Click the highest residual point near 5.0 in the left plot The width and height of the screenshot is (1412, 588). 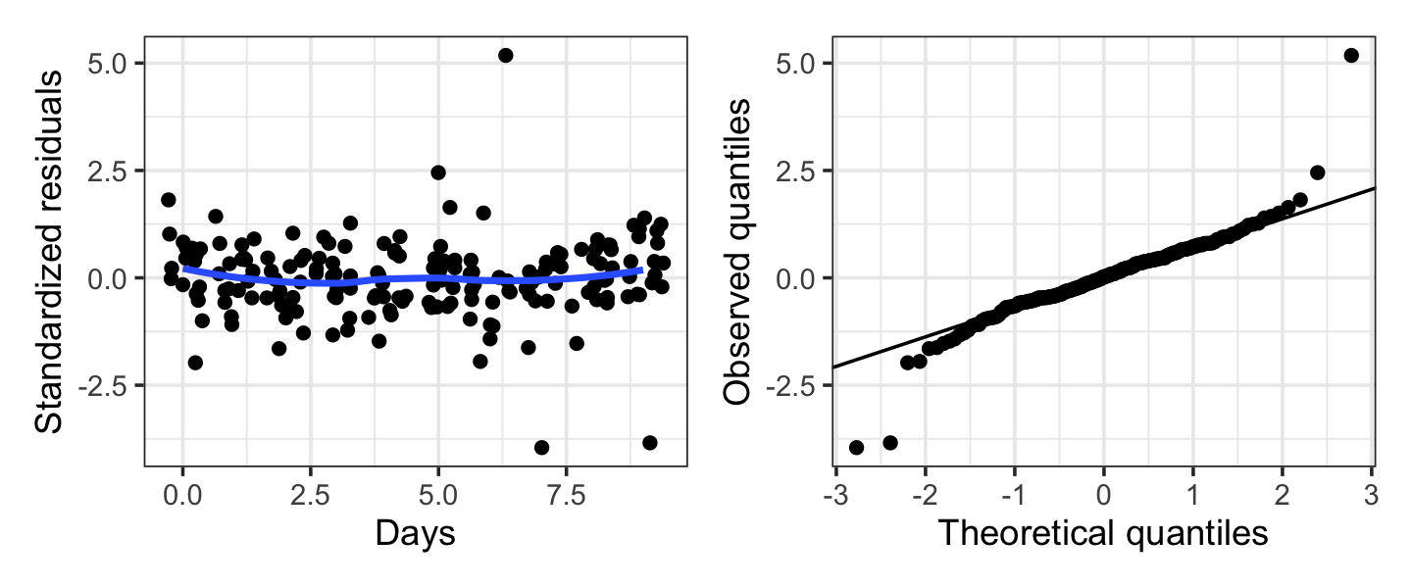pyautogui.click(x=506, y=55)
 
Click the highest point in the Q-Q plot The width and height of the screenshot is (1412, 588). pyautogui.click(x=1351, y=55)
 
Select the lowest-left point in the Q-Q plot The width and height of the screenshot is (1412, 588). pyautogui.click(x=856, y=447)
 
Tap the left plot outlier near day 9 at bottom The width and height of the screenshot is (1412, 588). pyautogui.click(x=649, y=442)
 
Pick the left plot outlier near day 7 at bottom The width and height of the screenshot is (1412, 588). pyautogui.click(x=541, y=447)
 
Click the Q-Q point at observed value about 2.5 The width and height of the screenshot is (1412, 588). pyautogui.click(x=1317, y=172)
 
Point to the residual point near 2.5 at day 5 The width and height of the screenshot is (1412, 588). pyautogui.click(x=438, y=172)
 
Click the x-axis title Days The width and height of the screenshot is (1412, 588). pyautogui.click(x=416, y=534)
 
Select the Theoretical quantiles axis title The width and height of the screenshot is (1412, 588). pyautogui.click(x=1104, y=534)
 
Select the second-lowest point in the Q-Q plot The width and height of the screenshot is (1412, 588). pyautogui.click(x=890, y=442)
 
